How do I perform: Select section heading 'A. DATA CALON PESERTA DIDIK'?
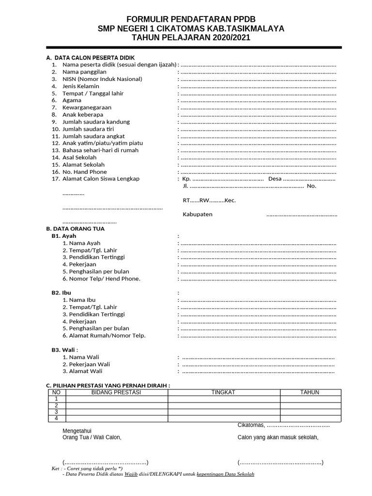[87, 57]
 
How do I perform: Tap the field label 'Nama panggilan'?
[84, 72]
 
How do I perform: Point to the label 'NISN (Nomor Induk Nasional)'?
[102, 79]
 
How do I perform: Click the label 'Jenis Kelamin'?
[81, 86]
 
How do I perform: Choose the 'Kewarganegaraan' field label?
[87, 108]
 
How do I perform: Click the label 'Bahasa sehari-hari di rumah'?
[100, 150]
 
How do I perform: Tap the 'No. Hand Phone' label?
[85, 172]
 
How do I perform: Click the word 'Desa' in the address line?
[275, 179]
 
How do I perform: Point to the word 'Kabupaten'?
[197, 215]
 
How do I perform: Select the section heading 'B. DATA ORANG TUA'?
[75, 229]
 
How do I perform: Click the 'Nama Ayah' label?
[85, 243]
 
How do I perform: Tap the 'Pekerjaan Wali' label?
[90, 364]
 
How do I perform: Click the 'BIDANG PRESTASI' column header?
[116, 392]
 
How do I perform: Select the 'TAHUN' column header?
[310, 392]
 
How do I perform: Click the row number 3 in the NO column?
[57, 412]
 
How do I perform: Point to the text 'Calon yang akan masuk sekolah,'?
[278, 437]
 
